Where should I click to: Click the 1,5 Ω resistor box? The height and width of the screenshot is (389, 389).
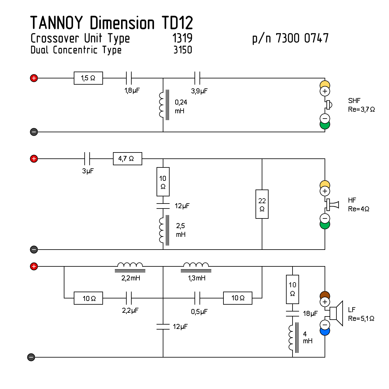[88, 78]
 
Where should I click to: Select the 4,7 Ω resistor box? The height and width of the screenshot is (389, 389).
[127, 159]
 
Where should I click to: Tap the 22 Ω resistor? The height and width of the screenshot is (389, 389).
[262, 204]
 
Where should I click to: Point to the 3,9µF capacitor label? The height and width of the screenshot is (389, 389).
[199, 91]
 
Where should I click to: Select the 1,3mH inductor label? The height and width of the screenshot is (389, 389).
[197, 278]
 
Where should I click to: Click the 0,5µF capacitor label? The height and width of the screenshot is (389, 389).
[199, 312]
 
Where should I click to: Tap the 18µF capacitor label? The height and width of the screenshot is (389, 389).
[310, 314]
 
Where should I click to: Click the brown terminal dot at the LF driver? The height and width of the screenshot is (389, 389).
[325, 295]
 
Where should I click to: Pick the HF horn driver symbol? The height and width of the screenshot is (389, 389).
[332, 204]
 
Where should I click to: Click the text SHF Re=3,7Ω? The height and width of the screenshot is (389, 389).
[361, 105]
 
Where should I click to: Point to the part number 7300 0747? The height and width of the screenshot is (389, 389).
[302, 38]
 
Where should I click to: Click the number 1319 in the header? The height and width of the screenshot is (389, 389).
[182, 38]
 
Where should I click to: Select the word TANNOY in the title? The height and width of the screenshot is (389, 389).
[56, 23]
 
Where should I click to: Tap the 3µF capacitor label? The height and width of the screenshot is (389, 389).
[88, 171]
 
